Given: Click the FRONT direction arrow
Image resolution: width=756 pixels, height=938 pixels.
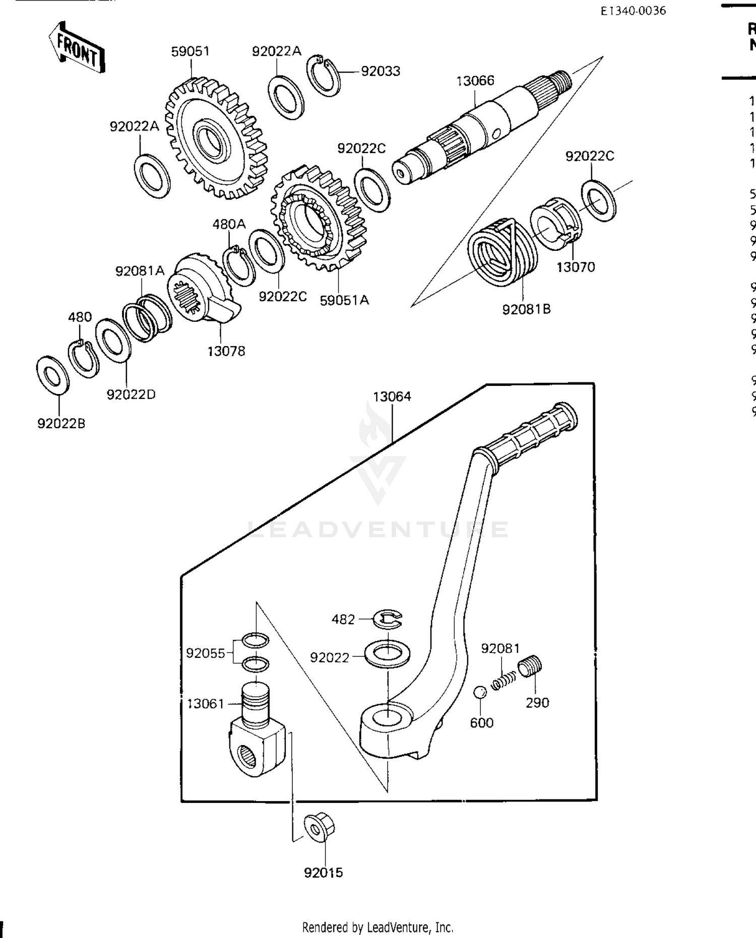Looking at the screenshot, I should tap(77, 47).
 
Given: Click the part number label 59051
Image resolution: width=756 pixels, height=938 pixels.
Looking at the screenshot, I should tap(190, 51).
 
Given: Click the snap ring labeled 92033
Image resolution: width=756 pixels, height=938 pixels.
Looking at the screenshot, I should tap(323, 76).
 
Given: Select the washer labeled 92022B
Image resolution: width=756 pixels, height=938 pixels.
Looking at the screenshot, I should tap(52, 375).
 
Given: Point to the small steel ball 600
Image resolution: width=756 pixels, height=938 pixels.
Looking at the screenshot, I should tap(480, 692).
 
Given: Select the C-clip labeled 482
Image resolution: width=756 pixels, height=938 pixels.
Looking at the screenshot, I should tap(388, 619).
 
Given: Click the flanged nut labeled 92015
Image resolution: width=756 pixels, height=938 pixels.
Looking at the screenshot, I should tap(320, 827).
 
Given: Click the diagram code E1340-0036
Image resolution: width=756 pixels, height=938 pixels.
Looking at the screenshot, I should tap(633, 11).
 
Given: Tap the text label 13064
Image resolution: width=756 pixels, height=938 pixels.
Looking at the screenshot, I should tap(392, 396).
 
